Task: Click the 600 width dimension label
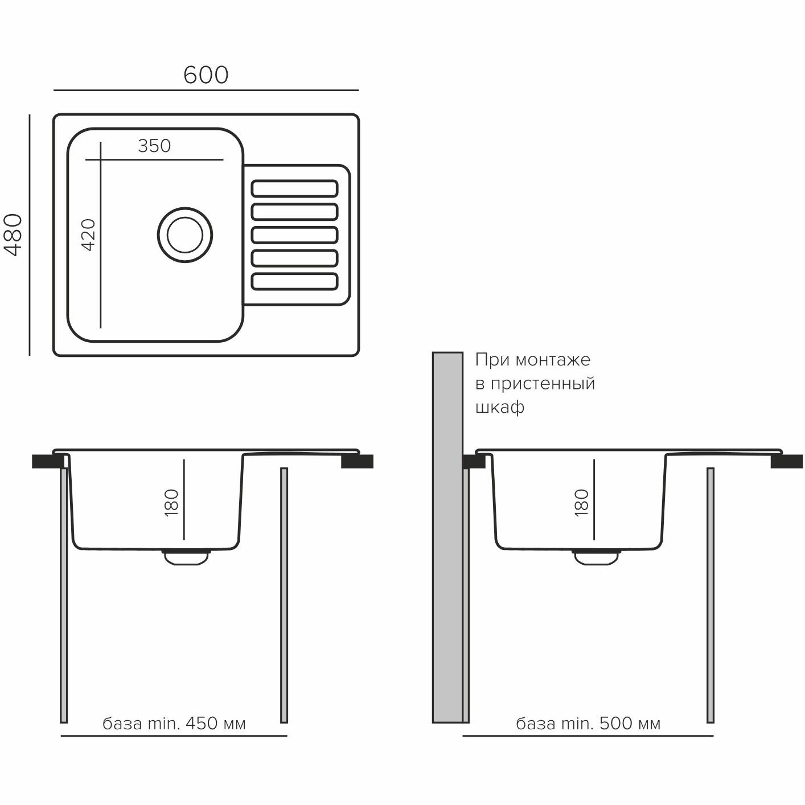(x=206, y=75)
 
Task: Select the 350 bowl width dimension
(x=154, y=146)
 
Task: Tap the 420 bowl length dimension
(x=89, y=234)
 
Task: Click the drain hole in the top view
(x=185, y=234)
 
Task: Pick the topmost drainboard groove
(x=294, y=188)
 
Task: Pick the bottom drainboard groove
(x=294, y=281)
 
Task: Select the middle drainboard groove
(x=294, y=235)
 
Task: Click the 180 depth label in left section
(x=171, y=503)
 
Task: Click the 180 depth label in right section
(x=581, y=503)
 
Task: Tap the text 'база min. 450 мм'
(x=174, y=724)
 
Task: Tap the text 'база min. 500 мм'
(x=588, y=724)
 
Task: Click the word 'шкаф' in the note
(x=499, y=408)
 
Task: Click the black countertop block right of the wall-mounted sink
(x=786, y=461)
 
